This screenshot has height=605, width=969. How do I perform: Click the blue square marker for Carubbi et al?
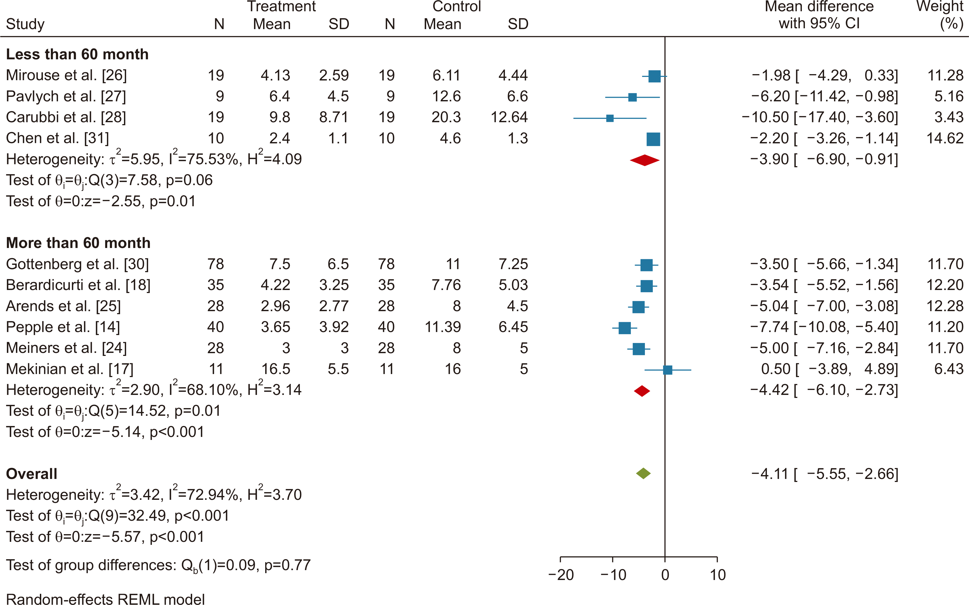coord(610,118)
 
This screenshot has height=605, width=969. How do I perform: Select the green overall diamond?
coord(644,474)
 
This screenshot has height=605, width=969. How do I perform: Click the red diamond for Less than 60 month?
coord(645,160)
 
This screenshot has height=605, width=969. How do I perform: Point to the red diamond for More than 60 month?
coord(642,391)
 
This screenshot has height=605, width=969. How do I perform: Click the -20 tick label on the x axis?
coord(561,575)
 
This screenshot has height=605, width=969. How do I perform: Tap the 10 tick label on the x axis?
coord(717,575)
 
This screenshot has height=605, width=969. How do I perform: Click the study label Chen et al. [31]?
coord(57,138)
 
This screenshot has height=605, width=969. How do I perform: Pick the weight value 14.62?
coord(945,138)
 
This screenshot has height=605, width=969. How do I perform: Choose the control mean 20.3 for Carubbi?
coord(446,117)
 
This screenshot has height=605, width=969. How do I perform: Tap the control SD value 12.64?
coord(509,117)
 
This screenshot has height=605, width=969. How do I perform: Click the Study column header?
coord(25,24)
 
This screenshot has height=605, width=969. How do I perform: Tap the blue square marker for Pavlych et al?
coord(632,97)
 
